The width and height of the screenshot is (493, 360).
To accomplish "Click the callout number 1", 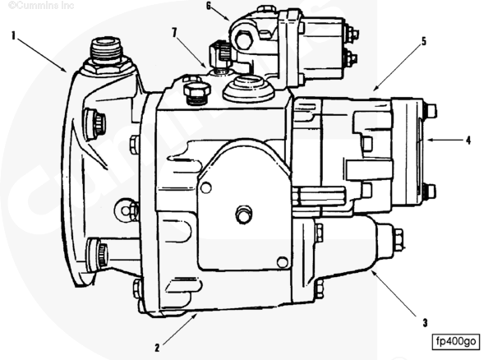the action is [13, 35].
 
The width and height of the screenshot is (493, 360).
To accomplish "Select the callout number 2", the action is [157, 348].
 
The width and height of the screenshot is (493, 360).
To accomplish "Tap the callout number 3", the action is [425, 322].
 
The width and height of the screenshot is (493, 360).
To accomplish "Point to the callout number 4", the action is [468, 140].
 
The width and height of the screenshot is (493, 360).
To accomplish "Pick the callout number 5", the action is [424, 41].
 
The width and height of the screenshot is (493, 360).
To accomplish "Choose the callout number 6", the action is [209, 6].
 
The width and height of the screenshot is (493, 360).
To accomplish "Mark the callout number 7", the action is [174, 32].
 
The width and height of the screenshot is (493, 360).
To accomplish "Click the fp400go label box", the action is [456, 341].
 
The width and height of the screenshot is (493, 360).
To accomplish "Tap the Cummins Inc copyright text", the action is [41, 5].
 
